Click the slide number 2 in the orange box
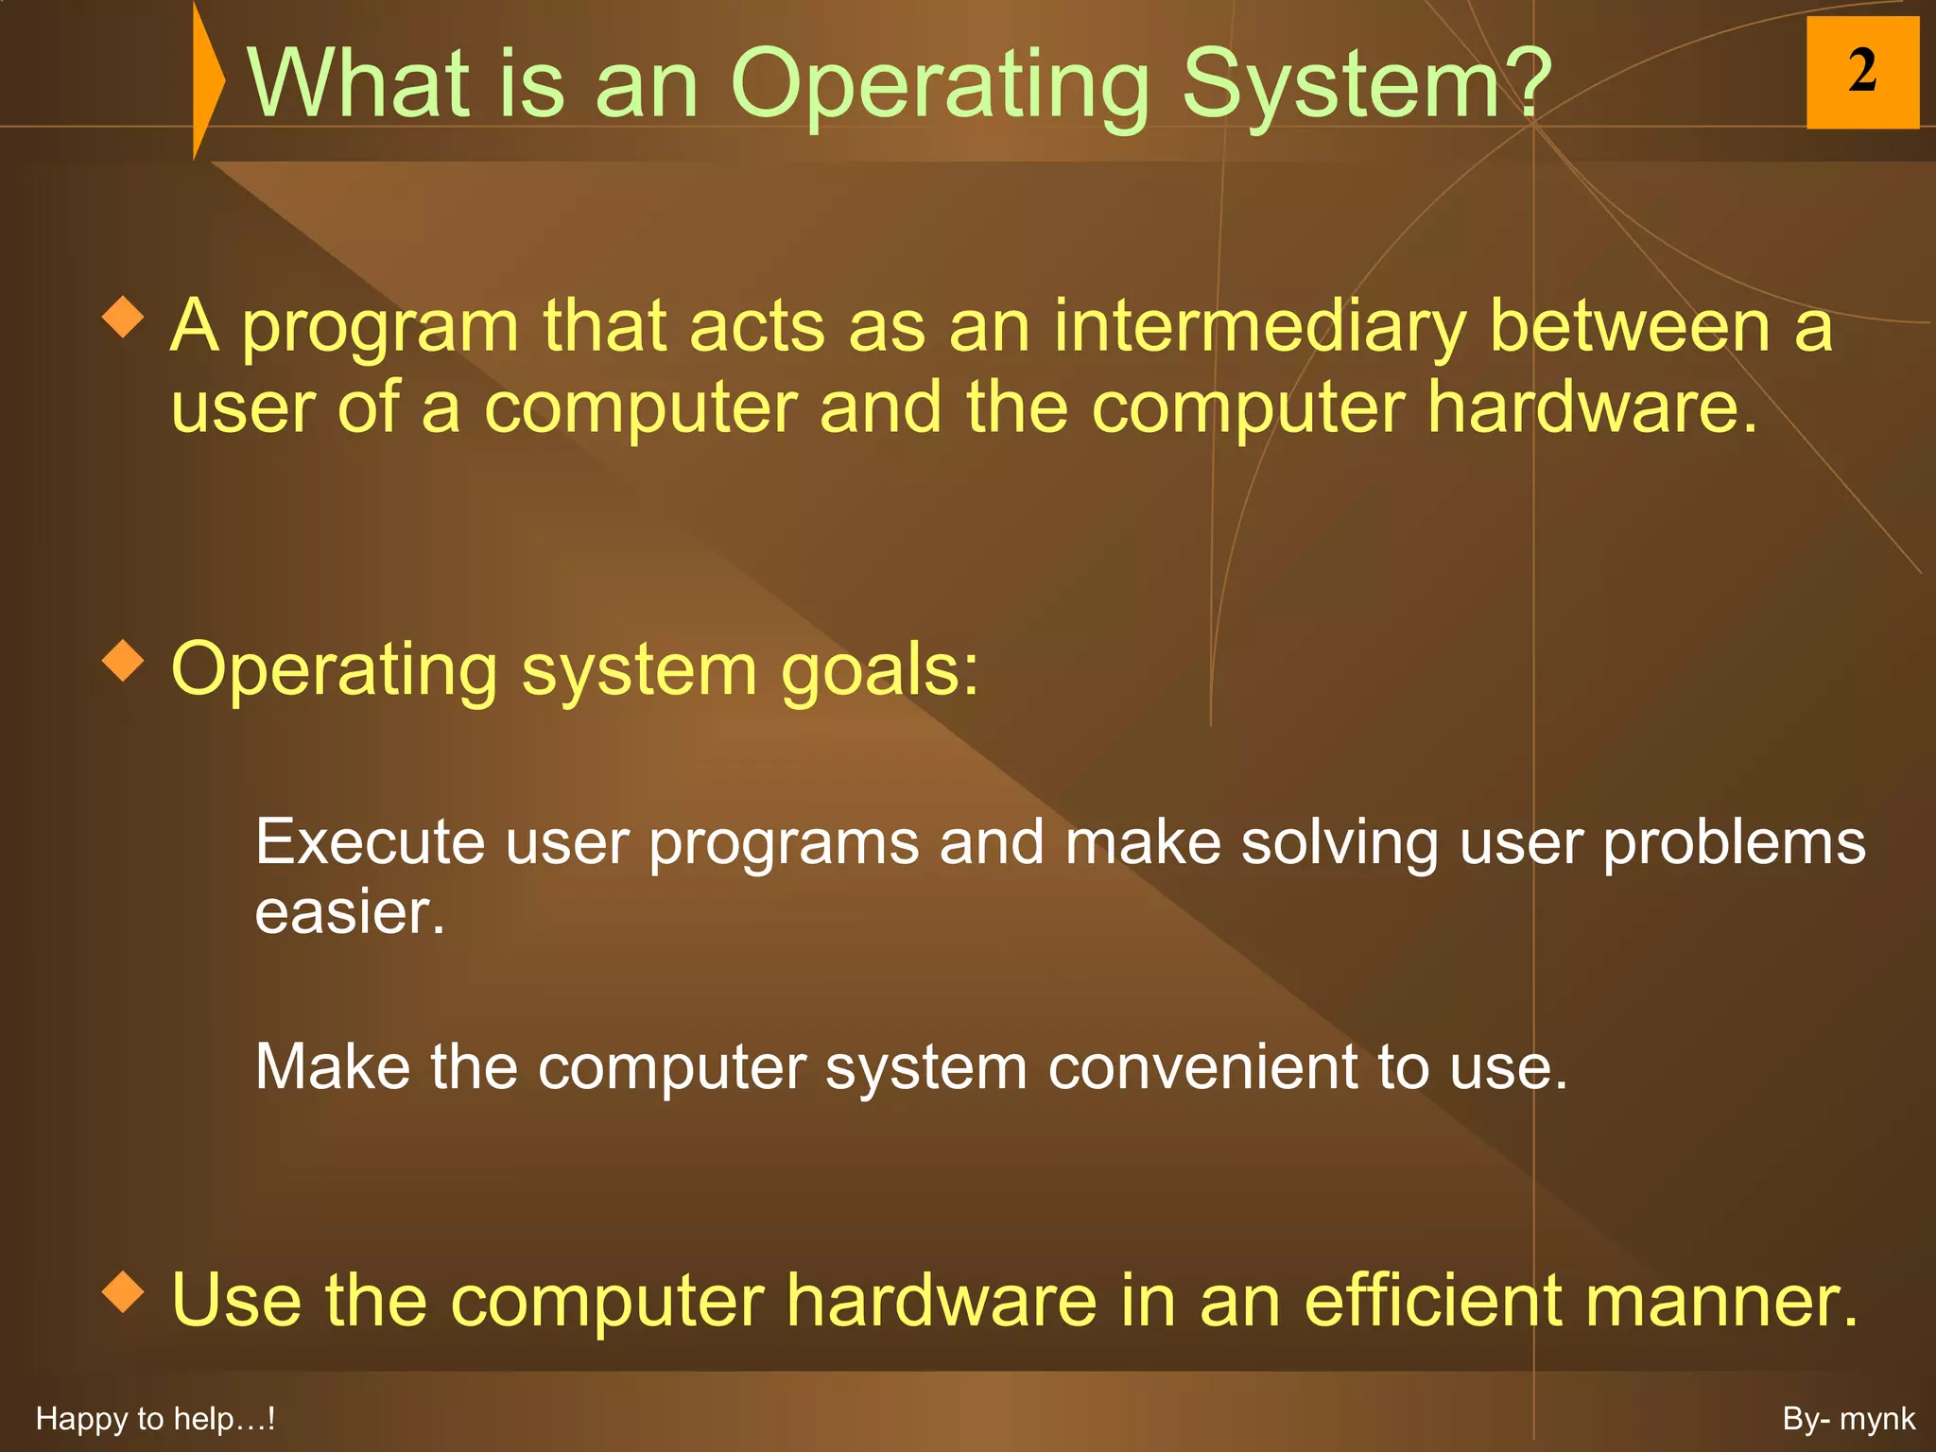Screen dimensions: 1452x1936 (1861, 72)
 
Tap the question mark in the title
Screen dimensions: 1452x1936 (1526, 83)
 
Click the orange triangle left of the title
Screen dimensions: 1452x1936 (207, 79)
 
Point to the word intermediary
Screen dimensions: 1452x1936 (1259, 327)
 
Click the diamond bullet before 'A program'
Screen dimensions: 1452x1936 (123, 318)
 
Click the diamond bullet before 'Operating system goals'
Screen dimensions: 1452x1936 (123, 661)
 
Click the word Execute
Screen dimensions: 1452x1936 (370, 842)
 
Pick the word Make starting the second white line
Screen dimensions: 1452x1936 (332, 1068)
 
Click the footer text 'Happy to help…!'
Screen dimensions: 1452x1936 (155, 1419)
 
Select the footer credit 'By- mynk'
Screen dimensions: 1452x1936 (1848, 1419)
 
